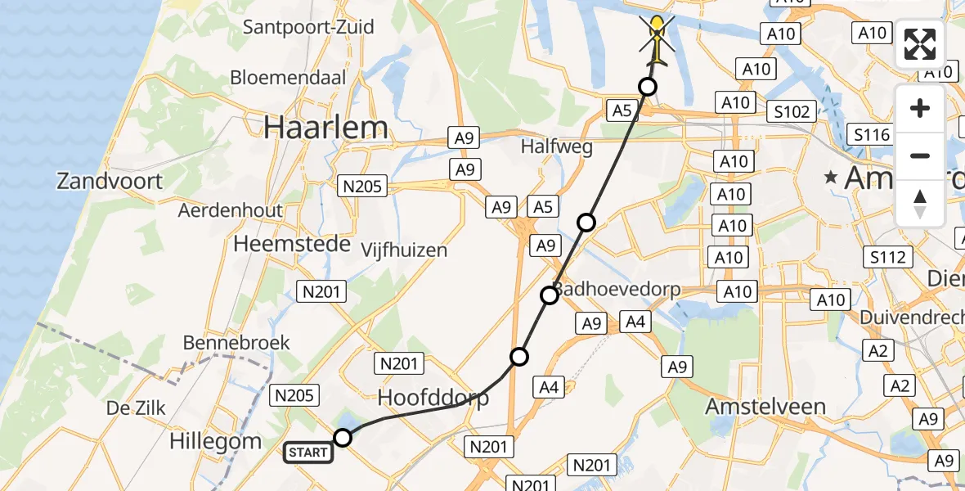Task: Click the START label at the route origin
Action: (x=308, y=452)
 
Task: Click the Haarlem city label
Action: (x=325, y=128)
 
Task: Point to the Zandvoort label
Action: (x=110, y=180)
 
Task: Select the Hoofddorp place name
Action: (x=433, y=399)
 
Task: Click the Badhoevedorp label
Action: (x=617, y=290)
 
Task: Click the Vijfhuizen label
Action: (x=405, y=250)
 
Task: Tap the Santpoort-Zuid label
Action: (x=308, y=27)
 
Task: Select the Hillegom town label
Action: (x=215, y=442)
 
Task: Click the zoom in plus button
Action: (x=920, y=109)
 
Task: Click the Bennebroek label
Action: (x=236, y=342)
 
